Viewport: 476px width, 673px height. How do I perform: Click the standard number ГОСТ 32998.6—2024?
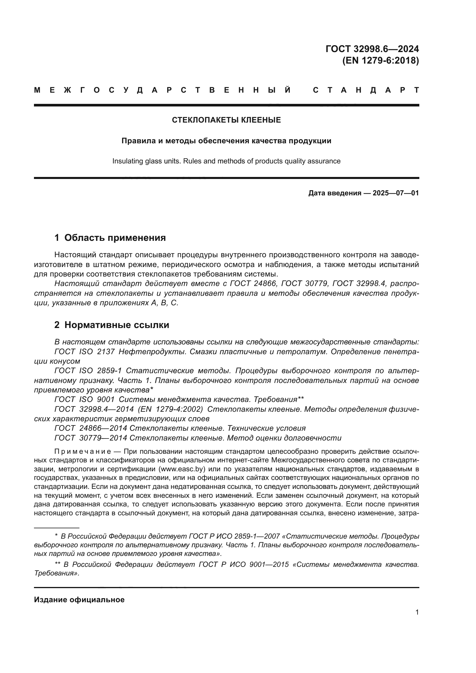372,49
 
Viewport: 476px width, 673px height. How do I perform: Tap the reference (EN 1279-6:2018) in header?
380,60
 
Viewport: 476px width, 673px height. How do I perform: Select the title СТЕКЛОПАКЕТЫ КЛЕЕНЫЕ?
226,120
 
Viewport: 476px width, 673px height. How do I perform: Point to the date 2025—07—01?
395,193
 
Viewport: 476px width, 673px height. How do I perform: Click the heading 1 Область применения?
110,237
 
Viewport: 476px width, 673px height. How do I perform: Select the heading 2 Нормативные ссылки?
112,325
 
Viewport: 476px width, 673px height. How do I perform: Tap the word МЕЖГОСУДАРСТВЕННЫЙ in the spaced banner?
163,90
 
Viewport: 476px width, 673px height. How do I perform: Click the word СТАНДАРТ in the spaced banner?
366,90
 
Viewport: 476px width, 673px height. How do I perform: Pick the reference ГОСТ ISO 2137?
84,351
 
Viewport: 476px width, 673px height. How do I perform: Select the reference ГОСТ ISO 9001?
84,399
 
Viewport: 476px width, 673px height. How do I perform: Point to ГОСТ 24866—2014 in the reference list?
91,428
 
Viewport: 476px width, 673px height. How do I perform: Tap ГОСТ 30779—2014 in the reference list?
91,438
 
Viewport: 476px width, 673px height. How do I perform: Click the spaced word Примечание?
83,451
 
